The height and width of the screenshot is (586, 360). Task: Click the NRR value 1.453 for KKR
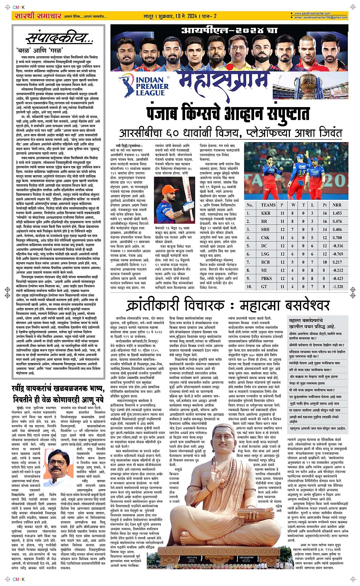tap(337, 213)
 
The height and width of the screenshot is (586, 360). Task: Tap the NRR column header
tap(337, 205)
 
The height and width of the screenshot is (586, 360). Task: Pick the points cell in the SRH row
tap(325, 229)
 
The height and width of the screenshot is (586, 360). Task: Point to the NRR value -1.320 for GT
tap(337, 287)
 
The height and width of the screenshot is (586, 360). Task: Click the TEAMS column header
tap(268, 205)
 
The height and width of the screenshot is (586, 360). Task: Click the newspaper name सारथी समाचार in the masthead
tap(38, 16)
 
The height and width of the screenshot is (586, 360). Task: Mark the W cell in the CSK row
tap(293, 238)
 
